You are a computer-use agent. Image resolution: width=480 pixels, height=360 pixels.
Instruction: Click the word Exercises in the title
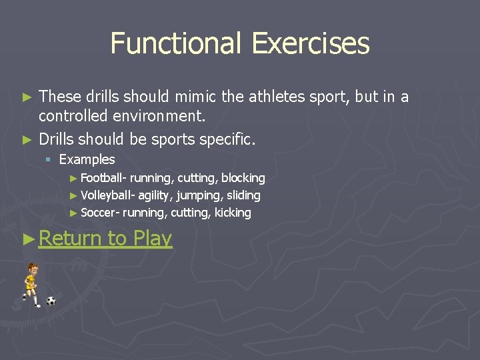click(311, 44)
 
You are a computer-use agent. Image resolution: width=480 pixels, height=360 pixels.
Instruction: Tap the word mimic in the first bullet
click(197, 97)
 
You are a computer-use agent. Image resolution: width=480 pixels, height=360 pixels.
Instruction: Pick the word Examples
click(87, 160)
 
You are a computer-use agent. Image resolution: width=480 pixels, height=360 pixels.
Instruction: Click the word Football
click(102, 178)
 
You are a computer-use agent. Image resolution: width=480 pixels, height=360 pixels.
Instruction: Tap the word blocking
click(243, 178)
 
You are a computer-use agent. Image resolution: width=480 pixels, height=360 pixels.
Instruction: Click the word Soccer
click(99, 213)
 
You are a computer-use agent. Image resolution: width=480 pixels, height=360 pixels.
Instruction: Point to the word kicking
click(233, 213)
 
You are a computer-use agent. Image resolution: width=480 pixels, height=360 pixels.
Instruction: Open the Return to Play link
click(105, 238)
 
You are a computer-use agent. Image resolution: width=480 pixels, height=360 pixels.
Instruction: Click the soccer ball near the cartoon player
click(51, 301)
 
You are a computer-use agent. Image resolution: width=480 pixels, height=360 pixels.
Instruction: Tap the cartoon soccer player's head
click(31, 269)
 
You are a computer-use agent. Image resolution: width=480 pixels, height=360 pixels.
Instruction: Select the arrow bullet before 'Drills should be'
click(27, 140)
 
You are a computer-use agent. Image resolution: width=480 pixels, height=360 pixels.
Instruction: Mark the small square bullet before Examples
click(49, 160)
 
